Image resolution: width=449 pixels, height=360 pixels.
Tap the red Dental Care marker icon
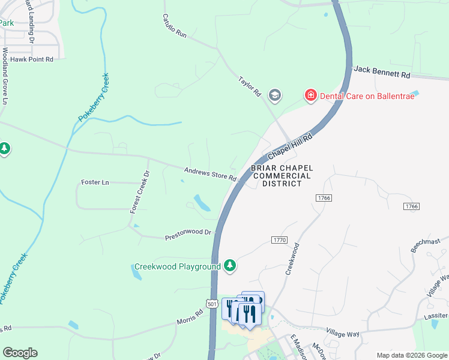(x=310, y=95)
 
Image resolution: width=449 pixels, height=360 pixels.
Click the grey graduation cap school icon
(x=275, y=95)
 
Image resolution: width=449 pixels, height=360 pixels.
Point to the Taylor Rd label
(x=249, y=86)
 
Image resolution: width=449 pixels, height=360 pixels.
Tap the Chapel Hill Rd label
(x=291, y=146)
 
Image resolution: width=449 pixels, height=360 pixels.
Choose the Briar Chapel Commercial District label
(x=282, y=176)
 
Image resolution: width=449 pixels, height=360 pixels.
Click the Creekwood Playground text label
(x=177, y=266)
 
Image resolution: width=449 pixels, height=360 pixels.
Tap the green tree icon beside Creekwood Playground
(x=229, y=265)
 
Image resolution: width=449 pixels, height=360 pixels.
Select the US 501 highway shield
(x=212, y=304)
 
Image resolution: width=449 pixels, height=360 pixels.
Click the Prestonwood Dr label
(x=189, y=234)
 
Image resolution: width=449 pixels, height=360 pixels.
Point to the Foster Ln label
(x=95, y=182)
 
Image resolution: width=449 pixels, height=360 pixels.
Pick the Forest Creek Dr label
(x=139, y=192)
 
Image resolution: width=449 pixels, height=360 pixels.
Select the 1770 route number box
(x=279, y=240)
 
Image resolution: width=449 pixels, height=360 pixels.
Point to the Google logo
(x=20, y=353)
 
